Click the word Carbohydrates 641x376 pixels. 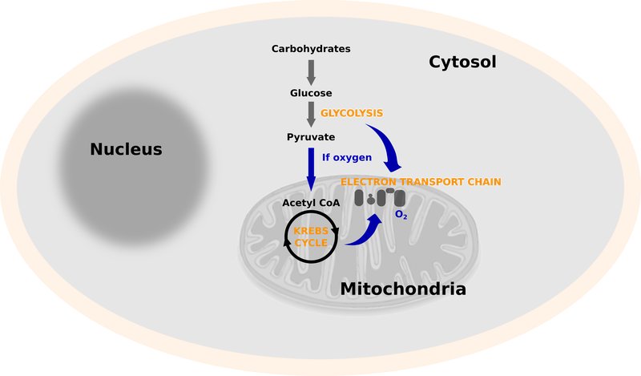[311, 50]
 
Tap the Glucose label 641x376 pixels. [311, 93]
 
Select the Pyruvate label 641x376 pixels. [311, 137]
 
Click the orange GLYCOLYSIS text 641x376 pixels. [351, 113]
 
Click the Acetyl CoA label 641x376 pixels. [311, 203]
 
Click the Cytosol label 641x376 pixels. [463, 62]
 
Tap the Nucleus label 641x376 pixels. [126, 149]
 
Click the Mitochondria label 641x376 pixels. [403, 289]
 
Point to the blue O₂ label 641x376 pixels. [401, 214]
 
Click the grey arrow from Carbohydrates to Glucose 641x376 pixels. [311, 71]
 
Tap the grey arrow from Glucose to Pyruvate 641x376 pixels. [311, 115]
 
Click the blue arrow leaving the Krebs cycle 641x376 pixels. [365, 232]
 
